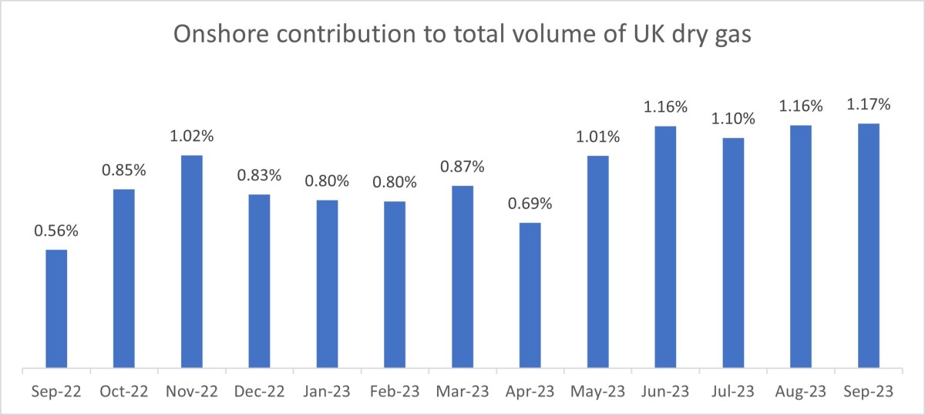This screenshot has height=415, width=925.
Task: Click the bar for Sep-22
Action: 56,309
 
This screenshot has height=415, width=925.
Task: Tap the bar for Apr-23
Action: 530,295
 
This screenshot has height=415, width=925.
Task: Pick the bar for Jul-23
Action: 733,252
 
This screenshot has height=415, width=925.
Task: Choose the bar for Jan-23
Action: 327,283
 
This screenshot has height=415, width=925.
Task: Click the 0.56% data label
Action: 56,231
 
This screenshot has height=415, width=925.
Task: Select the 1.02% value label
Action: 192,137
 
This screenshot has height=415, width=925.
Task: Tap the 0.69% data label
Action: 530,204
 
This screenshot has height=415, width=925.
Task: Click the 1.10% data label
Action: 733,120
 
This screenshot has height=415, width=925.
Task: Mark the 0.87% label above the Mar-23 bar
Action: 462,167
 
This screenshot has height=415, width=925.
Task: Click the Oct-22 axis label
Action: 124,392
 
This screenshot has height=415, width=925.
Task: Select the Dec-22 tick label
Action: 259,392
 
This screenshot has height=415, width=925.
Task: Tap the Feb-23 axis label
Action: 395,392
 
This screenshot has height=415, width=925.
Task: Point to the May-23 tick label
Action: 597,392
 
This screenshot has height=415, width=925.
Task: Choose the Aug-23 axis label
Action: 801,392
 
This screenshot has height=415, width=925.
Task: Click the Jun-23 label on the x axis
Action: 665,392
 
